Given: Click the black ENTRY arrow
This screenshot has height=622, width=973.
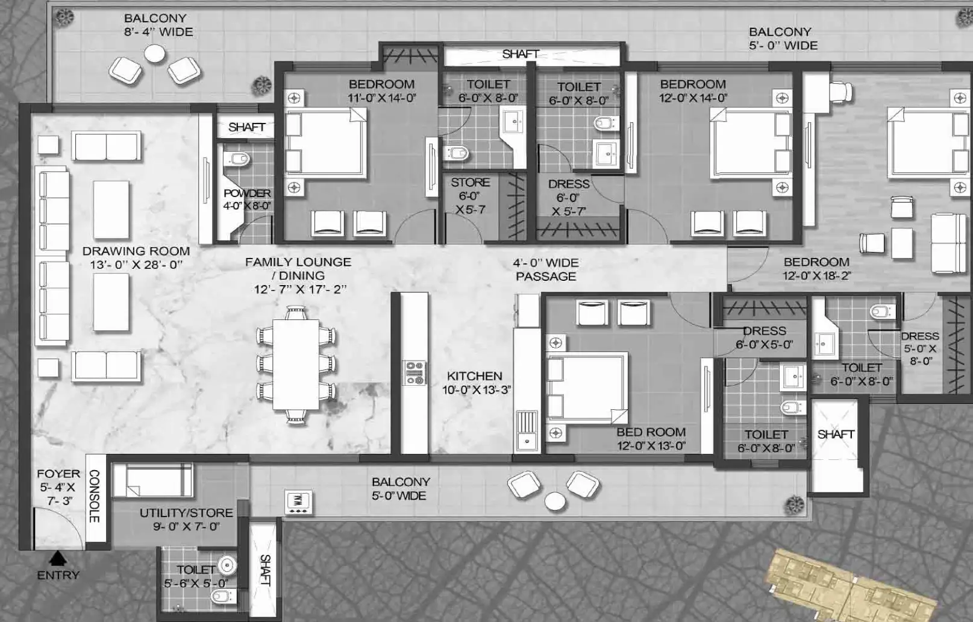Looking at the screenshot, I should coord(58,558).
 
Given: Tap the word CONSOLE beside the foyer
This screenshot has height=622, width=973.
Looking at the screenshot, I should coord(95,496).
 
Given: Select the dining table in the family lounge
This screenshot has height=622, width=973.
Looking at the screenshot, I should coord(296,365).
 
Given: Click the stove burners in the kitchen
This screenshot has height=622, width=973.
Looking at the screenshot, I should coord(415,373).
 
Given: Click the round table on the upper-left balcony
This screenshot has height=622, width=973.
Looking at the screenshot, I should coord(155,54).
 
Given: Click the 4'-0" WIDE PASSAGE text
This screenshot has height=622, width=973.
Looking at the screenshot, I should coord(546,269).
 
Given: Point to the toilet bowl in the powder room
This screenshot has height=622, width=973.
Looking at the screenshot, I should coord(238,160).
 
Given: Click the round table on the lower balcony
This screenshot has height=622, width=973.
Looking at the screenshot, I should coord(555,501).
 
